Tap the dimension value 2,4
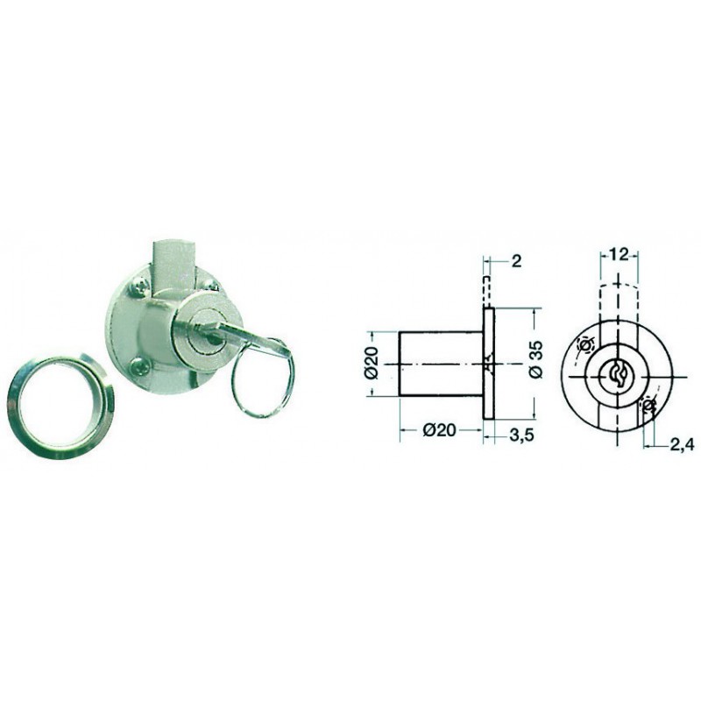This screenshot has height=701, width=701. [683, 444]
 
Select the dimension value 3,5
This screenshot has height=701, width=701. [521, 434]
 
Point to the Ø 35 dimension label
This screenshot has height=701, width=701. [537, 359]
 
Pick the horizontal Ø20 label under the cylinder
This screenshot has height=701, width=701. [441, 429]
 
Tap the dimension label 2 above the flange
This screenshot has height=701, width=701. [516, 261]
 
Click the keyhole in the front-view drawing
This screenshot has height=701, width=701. [618, 377]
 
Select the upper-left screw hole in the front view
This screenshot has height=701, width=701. [584, 345]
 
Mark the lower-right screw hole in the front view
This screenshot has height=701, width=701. [648, 406]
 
